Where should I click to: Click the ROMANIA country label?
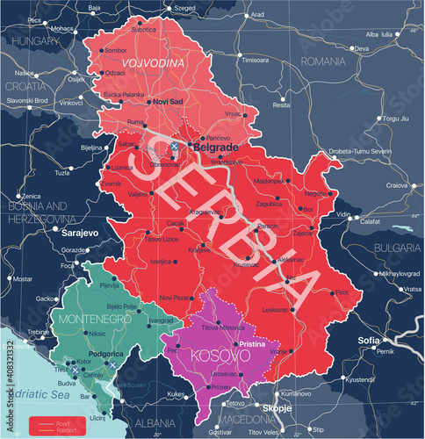click(x=325, y=62)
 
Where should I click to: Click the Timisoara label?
click(x=256, y=61)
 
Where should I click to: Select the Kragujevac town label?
click(x=205, y=212)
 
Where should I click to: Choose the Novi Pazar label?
click(x=162, y=298)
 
